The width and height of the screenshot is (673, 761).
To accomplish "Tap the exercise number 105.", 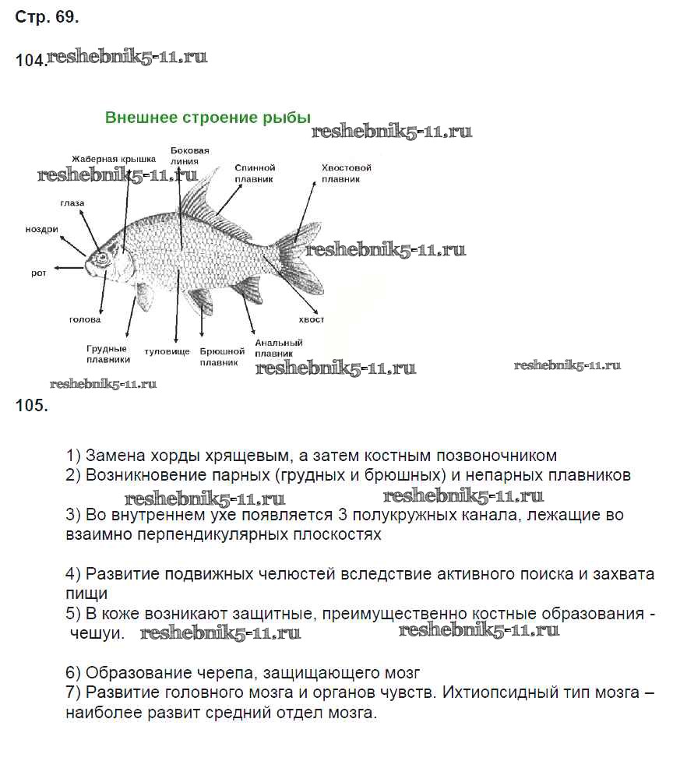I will coord(31,405).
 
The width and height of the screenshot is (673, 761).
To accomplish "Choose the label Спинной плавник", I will coord(255,172).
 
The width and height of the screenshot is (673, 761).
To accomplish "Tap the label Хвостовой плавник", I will coord(346,172).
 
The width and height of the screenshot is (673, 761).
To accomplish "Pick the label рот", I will coord(39,273).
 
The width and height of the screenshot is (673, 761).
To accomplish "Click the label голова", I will coord(85,319).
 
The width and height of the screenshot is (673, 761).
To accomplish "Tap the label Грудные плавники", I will coord(107,354).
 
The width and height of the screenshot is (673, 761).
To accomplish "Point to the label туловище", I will coord(167,351).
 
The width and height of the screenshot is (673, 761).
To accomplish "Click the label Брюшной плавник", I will coord(223,356).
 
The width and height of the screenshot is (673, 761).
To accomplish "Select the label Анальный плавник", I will coord(279,347).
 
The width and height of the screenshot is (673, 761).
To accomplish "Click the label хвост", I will coord(312,319).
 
